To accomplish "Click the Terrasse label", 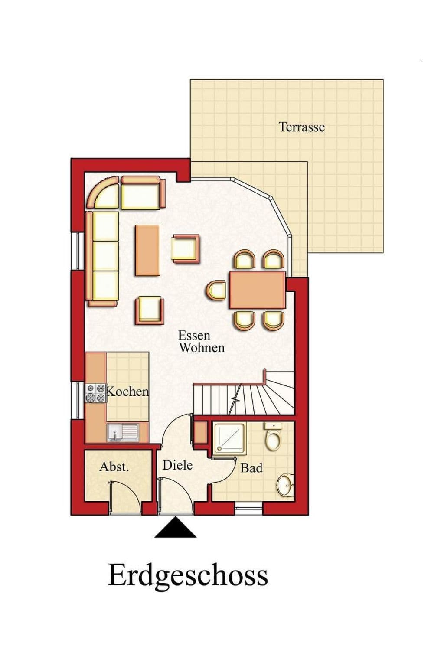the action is (x=301, y=127).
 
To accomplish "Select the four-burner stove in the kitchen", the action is (x=96, y=393).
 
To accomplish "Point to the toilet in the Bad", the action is (x=273, y=436).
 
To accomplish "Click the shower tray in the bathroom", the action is (x=229, y=439).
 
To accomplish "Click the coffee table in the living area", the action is (x=147, y=250).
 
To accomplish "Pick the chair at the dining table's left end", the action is (x=217, y=290).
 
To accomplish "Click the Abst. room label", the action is (x=114, y=467).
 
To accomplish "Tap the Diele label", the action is (x=177, y=465).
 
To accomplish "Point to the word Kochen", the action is (x=127, y=392).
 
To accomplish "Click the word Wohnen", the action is (x=202, y=347).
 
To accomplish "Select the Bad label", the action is (x=251, y=468).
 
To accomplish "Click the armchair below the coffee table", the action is (x=150, y=310).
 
